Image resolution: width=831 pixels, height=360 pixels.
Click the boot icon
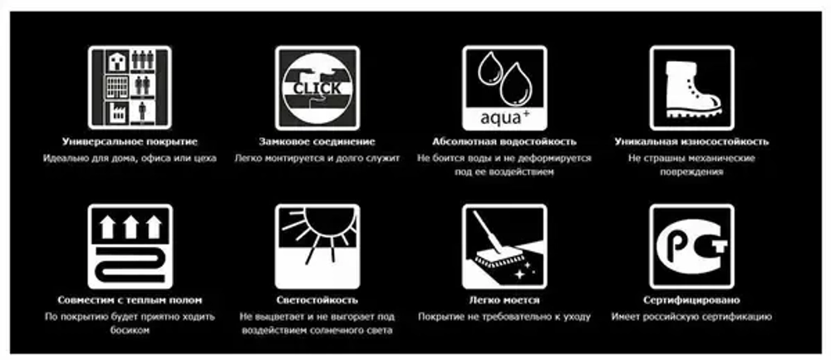click(691, 88)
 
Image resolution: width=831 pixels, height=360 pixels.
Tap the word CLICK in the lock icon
click(317, 88)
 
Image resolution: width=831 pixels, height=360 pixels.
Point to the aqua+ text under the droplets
click(504, 116)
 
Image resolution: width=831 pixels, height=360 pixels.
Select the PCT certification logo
click(691, 247)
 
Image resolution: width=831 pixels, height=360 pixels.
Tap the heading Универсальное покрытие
click(130, 141)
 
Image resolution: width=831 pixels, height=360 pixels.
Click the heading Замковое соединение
click(317, 141)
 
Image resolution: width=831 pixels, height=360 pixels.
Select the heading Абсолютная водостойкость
click(504, 141)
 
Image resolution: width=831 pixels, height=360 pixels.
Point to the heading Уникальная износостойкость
click(691, 141)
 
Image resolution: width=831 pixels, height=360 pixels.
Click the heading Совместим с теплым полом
click(130, 300)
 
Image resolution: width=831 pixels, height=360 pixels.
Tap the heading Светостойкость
click(317, 300)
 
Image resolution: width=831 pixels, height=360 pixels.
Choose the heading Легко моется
click(504, 300)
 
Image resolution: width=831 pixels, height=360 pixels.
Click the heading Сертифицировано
click(691, 300)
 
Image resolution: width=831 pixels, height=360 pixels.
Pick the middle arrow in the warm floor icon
click(130, 226)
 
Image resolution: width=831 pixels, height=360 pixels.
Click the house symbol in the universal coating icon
click(117, 61)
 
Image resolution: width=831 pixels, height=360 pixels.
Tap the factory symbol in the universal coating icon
click(117, 112)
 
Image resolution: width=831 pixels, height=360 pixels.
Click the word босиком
click(130, 330)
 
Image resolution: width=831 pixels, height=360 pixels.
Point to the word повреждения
click(691, 172)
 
